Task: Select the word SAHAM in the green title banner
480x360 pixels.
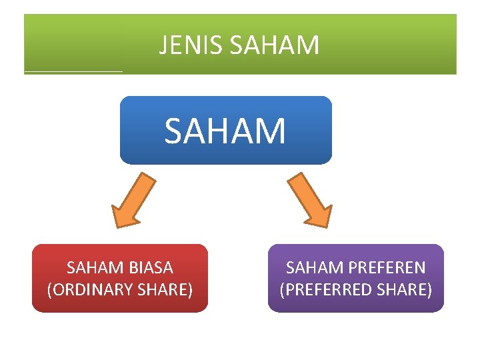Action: point(274,45)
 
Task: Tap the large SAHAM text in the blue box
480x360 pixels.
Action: point(225,131)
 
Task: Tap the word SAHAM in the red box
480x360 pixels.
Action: point(93,268)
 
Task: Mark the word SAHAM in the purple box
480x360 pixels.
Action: point(311,268)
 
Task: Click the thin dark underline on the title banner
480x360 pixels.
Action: point(73,71)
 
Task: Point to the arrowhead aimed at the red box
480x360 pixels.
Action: point(124,216)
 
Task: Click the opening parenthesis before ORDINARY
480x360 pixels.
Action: point(50,290)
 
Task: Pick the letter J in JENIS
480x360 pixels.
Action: point(163,45)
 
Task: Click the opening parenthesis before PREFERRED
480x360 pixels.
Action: point(282,290)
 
